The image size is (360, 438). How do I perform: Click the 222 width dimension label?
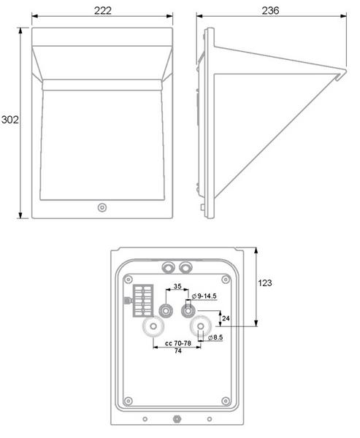[102, 11]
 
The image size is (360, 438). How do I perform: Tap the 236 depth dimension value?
[270, 11]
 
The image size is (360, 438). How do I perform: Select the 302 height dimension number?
[9, 120]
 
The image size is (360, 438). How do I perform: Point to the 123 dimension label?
[264, 283]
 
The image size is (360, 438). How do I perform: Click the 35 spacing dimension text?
[177, 286]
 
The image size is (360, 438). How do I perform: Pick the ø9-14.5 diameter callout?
[204, 296]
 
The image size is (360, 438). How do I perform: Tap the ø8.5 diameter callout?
[215, 337]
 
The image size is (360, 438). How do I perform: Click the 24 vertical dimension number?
[226, 318]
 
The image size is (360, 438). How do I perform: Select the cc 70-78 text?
[177, 343]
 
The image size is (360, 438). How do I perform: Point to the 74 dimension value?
[177, 351]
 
